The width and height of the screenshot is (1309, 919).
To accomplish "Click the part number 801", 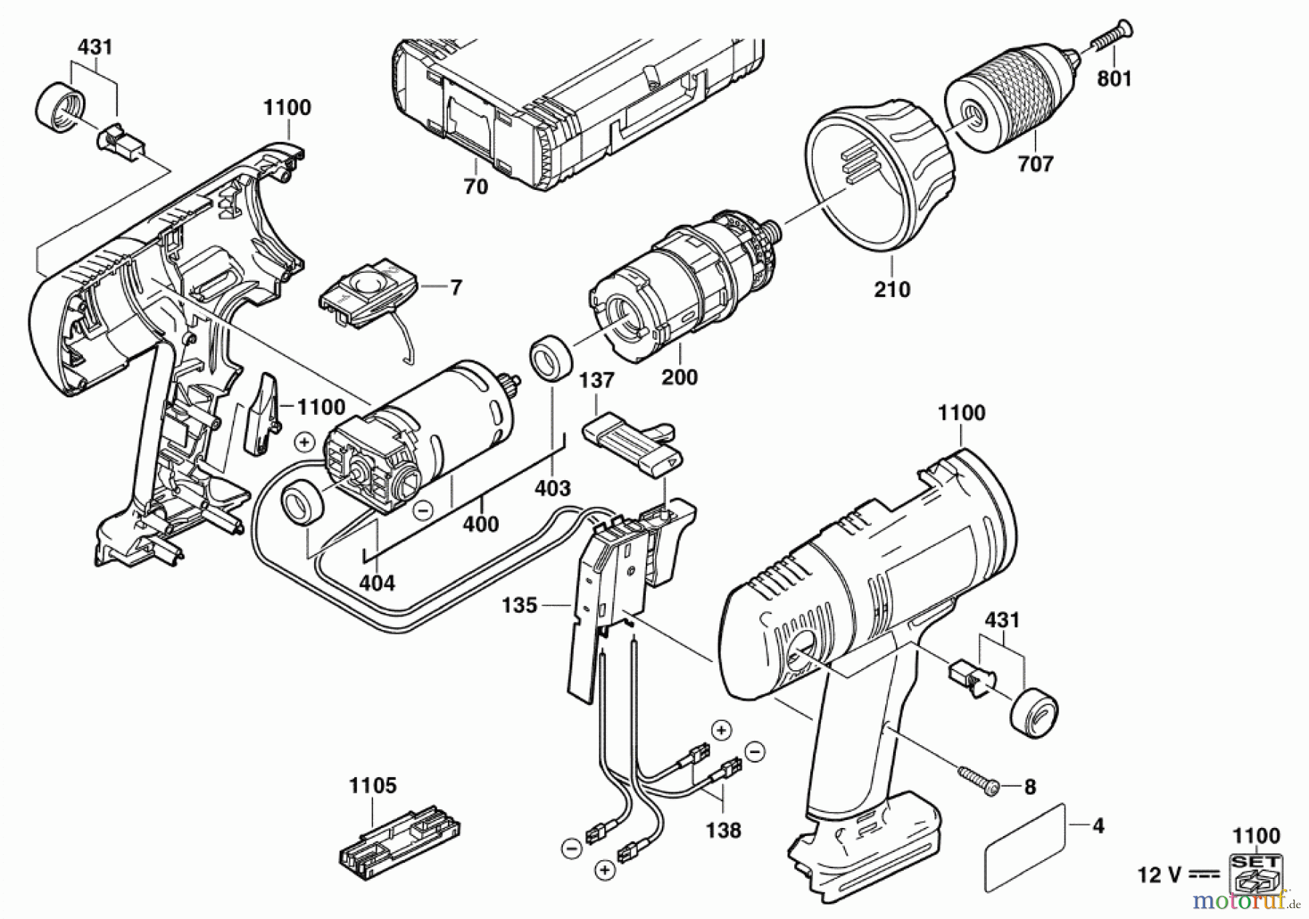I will pyautogui.click(x=1115, y=78).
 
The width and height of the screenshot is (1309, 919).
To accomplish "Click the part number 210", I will pyautogui.click(x=892, y=290).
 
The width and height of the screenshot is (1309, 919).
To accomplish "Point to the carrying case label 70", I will pyautogui.click(x=476, y=187).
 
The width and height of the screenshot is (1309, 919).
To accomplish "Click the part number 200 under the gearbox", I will pyautogui.click(x=679, y=377).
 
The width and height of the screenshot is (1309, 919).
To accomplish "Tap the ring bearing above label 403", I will pyautogui.click(x=551, y=357).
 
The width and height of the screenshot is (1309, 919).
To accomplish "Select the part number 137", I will pyautogui.click(x=596, y=381).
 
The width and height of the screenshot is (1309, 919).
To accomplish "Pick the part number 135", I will pyautogui.click(x=519, y=605).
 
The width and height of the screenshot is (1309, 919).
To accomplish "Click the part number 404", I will pyautogui.click(x=377, y=582).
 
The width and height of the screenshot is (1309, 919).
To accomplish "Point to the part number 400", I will pyautogui.click(x=481, y=523).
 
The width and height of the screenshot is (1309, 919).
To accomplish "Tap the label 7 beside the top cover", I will pyautogui.click(x=456, y=287).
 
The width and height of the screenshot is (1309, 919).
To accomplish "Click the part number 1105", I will pyautogui.click(x=373, y=786).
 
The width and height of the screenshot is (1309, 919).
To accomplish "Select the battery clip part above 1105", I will pyautogui.click(x=401, y=838).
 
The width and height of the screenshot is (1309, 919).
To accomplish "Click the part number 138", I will pyautogui.click(x=724, y=830).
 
